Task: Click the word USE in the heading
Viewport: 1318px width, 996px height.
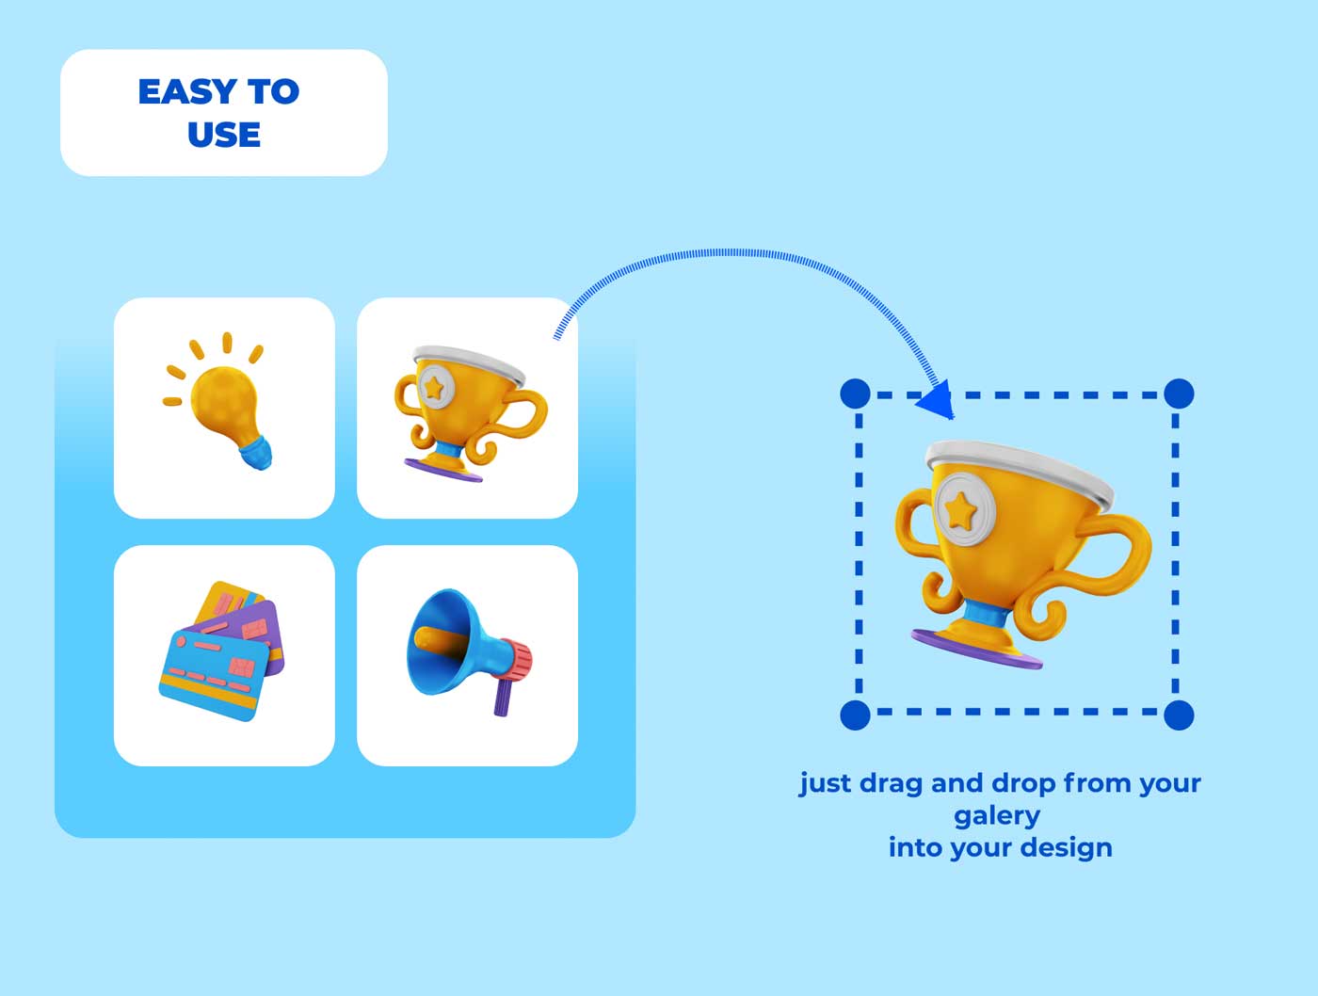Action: [224, 135]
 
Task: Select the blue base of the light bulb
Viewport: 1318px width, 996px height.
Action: [255, 453]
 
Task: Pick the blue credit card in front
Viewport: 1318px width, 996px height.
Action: [213, 674]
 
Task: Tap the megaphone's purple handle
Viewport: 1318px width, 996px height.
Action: [502, 697]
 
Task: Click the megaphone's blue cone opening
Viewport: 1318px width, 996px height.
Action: [431, 642]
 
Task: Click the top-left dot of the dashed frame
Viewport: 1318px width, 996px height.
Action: [855, 394]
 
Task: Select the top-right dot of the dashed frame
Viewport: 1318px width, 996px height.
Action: [1179, 394]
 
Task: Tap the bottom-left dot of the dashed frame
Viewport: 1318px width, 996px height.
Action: [855, 715]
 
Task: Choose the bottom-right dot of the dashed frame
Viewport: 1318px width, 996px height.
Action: [1179, 715]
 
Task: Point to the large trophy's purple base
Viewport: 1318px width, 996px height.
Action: [975, 650]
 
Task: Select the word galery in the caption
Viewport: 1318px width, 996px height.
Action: [997, 816]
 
